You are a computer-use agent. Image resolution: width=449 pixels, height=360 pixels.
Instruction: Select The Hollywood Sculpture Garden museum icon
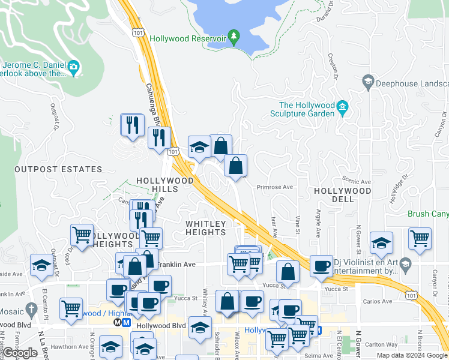coord(343,108)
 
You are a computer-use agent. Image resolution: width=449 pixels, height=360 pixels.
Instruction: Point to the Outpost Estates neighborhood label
coord(49,170)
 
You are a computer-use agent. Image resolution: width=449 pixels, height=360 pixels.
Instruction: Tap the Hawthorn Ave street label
coord(70,346)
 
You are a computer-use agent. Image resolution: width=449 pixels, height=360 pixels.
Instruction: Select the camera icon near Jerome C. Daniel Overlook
coord(74,66)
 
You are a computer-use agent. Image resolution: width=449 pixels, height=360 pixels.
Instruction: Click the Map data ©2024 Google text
coord(411,355)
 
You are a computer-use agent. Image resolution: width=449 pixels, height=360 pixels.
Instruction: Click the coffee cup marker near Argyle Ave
coord(322,265)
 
